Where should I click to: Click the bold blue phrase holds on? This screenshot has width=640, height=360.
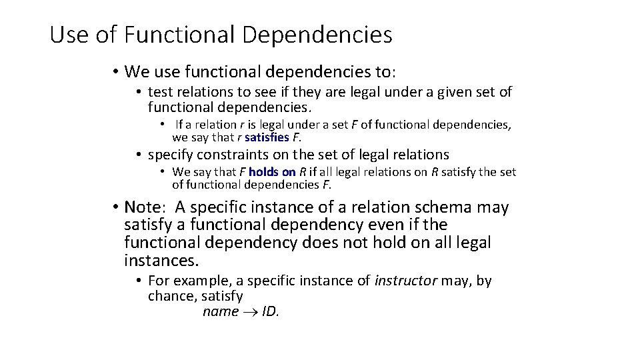point(272,172)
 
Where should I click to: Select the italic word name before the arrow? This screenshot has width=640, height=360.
point(220,312)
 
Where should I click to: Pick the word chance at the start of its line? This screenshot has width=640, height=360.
point(170,296)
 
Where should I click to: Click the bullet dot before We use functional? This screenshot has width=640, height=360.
point(115,71)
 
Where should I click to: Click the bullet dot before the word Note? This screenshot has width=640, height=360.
point(115,208)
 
